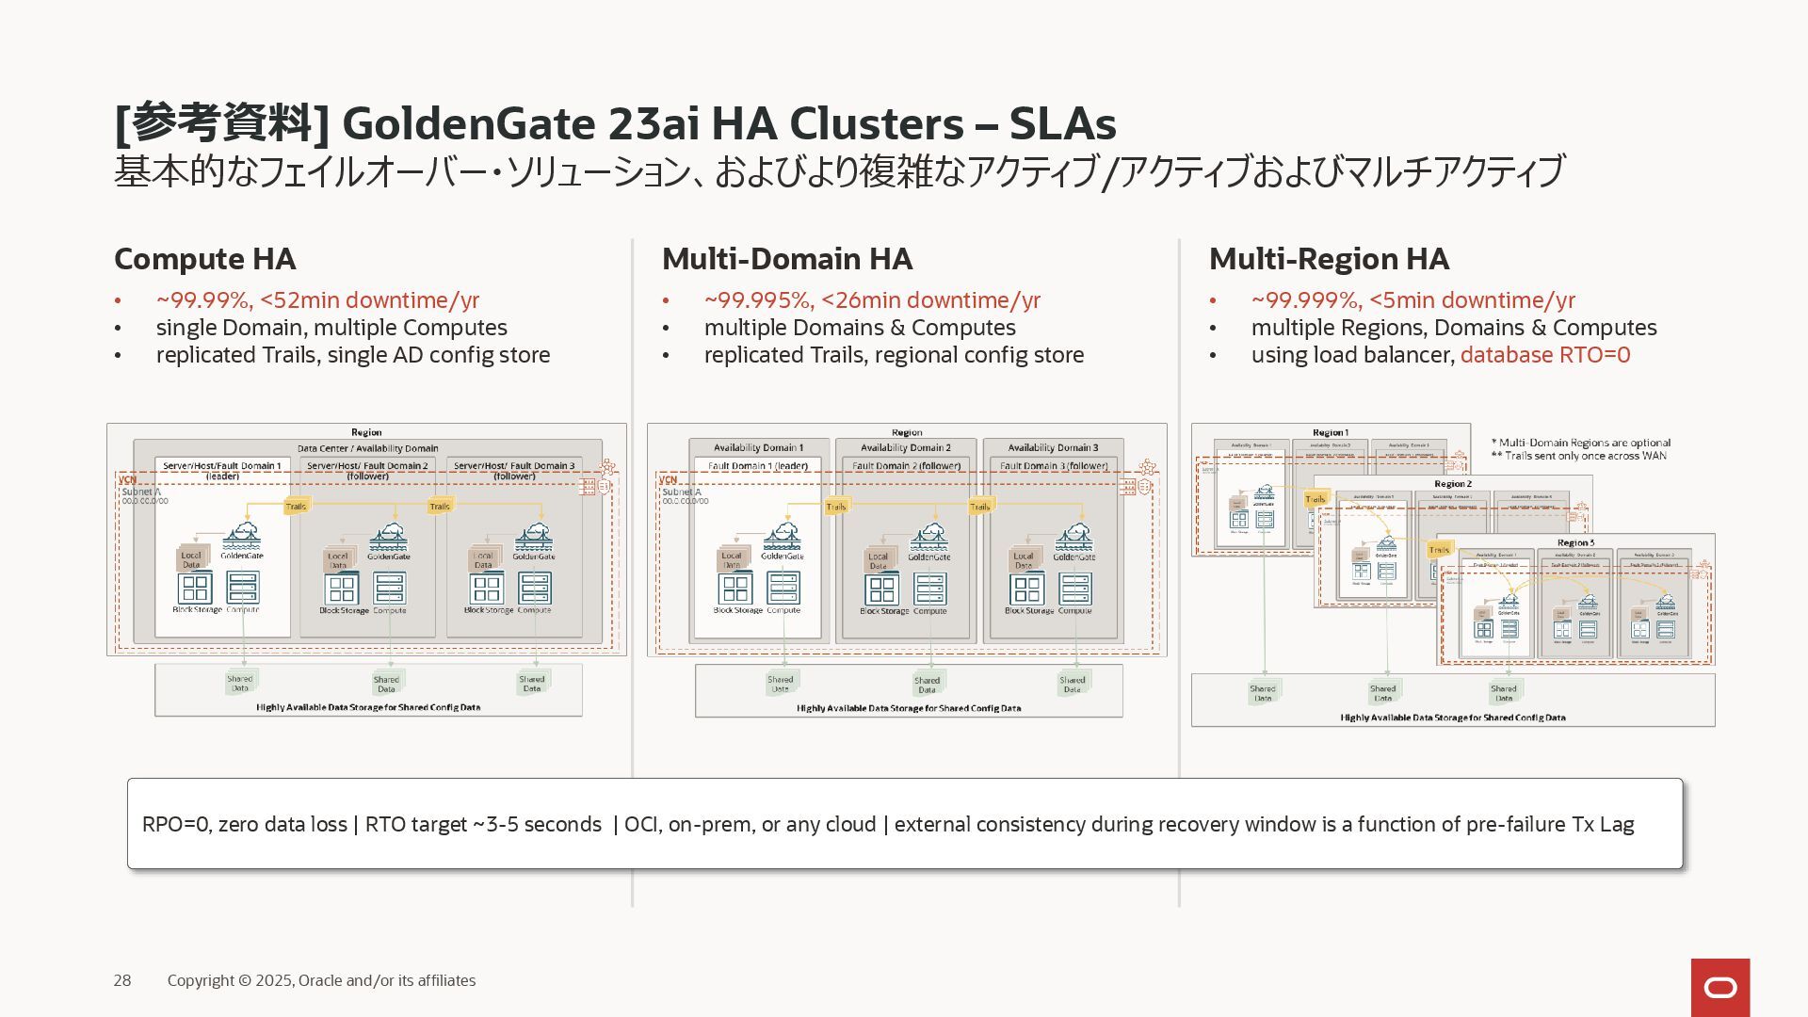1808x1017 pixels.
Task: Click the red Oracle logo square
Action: tap(1719, 987)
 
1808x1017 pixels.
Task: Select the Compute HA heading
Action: tap(204, 259)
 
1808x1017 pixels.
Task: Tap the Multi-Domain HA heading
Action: tap(786, 259)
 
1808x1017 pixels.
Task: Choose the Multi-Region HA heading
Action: tap(1328, 259)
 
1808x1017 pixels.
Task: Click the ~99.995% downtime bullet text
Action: tap(871, 300)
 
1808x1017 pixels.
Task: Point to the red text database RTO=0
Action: tap(1544, 355)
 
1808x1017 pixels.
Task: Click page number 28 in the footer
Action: tap(122, 980)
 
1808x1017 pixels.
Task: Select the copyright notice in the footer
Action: tap(321, 980)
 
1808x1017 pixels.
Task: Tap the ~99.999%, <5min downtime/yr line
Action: tap(1412, 300)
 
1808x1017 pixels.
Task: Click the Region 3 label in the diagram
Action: tap(1575, 542)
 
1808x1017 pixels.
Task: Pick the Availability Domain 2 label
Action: tap(905, 447)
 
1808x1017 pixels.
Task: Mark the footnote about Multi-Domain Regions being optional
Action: tap(1581, 443)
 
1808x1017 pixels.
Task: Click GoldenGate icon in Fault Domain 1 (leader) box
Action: tap(782, 537)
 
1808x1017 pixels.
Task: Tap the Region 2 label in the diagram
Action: tap(1452, 484)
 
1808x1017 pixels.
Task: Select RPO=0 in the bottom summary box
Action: tap(178, 825)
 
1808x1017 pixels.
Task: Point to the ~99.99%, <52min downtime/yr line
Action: tap(317, 300)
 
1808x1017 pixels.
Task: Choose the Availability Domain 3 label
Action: tap(1053, 447)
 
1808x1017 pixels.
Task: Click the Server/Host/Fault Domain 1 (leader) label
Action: tap(222, 470)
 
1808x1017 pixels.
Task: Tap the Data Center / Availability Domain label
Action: tap(367, 448)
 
